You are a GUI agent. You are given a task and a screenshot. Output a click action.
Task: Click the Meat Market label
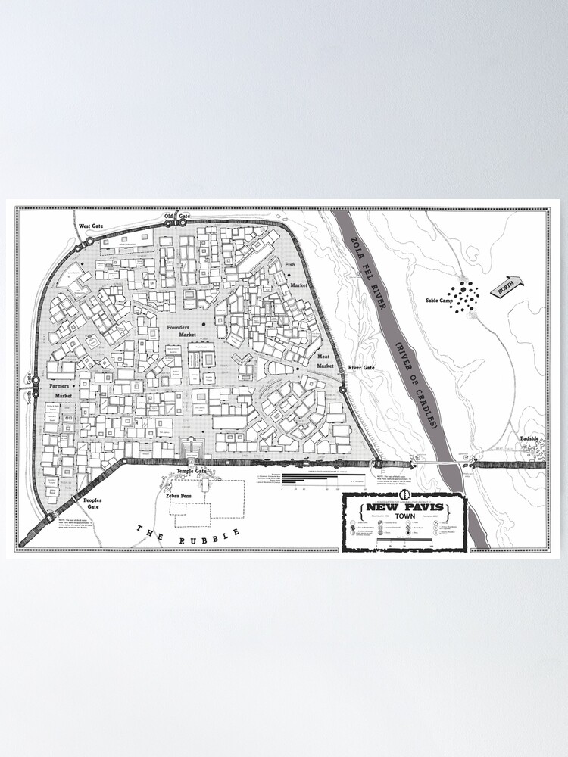(x=324, y=361)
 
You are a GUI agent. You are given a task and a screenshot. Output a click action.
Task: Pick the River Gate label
(x=361, y=368)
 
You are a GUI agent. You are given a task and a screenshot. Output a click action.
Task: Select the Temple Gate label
(x=191, y=471)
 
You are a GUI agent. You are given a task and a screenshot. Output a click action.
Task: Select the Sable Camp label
(x=432, y=300)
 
